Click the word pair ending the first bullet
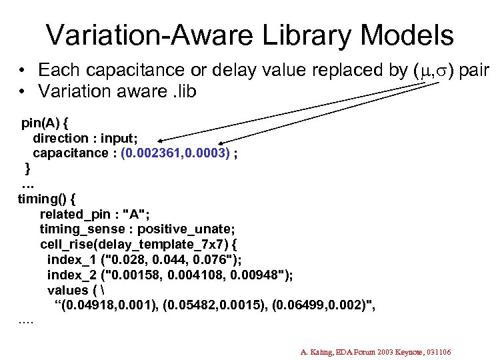(475, 71)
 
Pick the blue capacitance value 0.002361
(152, 153)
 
